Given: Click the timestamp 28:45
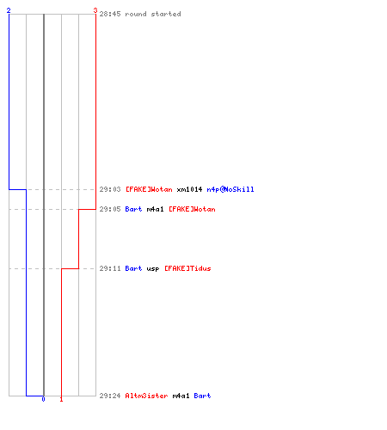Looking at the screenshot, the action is [x=110, y=14].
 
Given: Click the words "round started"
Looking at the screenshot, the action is [x=153, y=14].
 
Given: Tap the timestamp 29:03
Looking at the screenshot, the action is [x=110, y=189].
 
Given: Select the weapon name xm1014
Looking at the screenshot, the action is [x=189, y=189].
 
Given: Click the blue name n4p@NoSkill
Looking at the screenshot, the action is [x=230, y=189].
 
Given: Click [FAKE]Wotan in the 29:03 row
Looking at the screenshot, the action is [x=149, y=189].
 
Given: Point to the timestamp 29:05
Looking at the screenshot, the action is [x=110, y=209].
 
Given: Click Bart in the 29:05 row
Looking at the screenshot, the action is [x=133, y=209].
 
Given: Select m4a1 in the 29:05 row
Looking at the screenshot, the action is [x=155, y=209].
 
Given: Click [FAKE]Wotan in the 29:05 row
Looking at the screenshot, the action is [x=192, y=209].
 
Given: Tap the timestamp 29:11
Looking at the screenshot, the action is [x=110, y=268].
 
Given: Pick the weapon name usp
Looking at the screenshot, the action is [x=153, y=269].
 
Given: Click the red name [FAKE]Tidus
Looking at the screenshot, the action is [x=187, y=268].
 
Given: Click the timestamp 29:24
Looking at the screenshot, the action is [x=110, y=396].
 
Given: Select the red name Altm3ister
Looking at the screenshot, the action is [x=146, y=396].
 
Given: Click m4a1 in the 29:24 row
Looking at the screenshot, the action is [x=181, y=396].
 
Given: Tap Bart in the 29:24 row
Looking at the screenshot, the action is [x=202, y=396].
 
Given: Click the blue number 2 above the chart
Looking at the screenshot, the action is [x=9, y=10].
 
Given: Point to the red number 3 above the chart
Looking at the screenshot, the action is [x=95, y=10].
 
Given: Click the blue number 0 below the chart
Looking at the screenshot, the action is [x=43, y=399].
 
